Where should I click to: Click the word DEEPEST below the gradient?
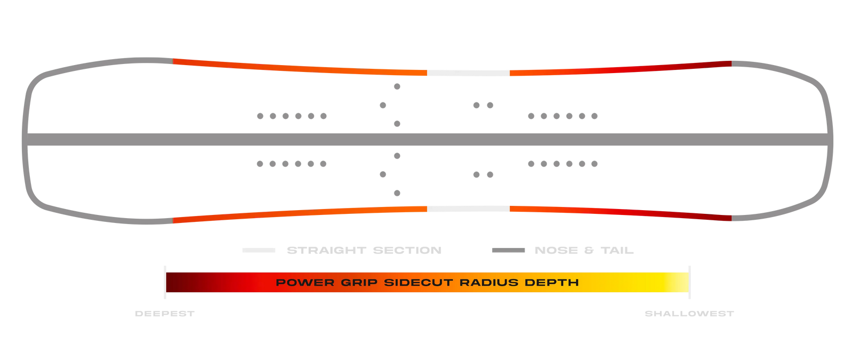pyautogui.click(x=165, y=314)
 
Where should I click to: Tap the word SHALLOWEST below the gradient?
pyautogui.click(x=689, y=314)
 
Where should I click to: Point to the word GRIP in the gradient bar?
pyautogui.click(x=359, y=283)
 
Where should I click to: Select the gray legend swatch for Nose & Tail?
pyautogui.click(x=508, y=250)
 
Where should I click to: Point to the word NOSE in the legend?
pyautogui.click(x=556, y=250)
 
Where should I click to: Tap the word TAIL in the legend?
pyautogui.click(x=617, y=250)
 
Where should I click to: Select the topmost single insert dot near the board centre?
pyautogui.click(x=397, y=86)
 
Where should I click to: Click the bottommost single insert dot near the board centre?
pyautogui.click(x=397, y=193)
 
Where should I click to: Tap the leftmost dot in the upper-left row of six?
pyautogui.click(x=260, y=116)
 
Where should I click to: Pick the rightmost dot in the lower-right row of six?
pyautogui.click(x=594, y=164)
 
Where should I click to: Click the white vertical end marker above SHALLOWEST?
pyautogui.click(x=689, y=282)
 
